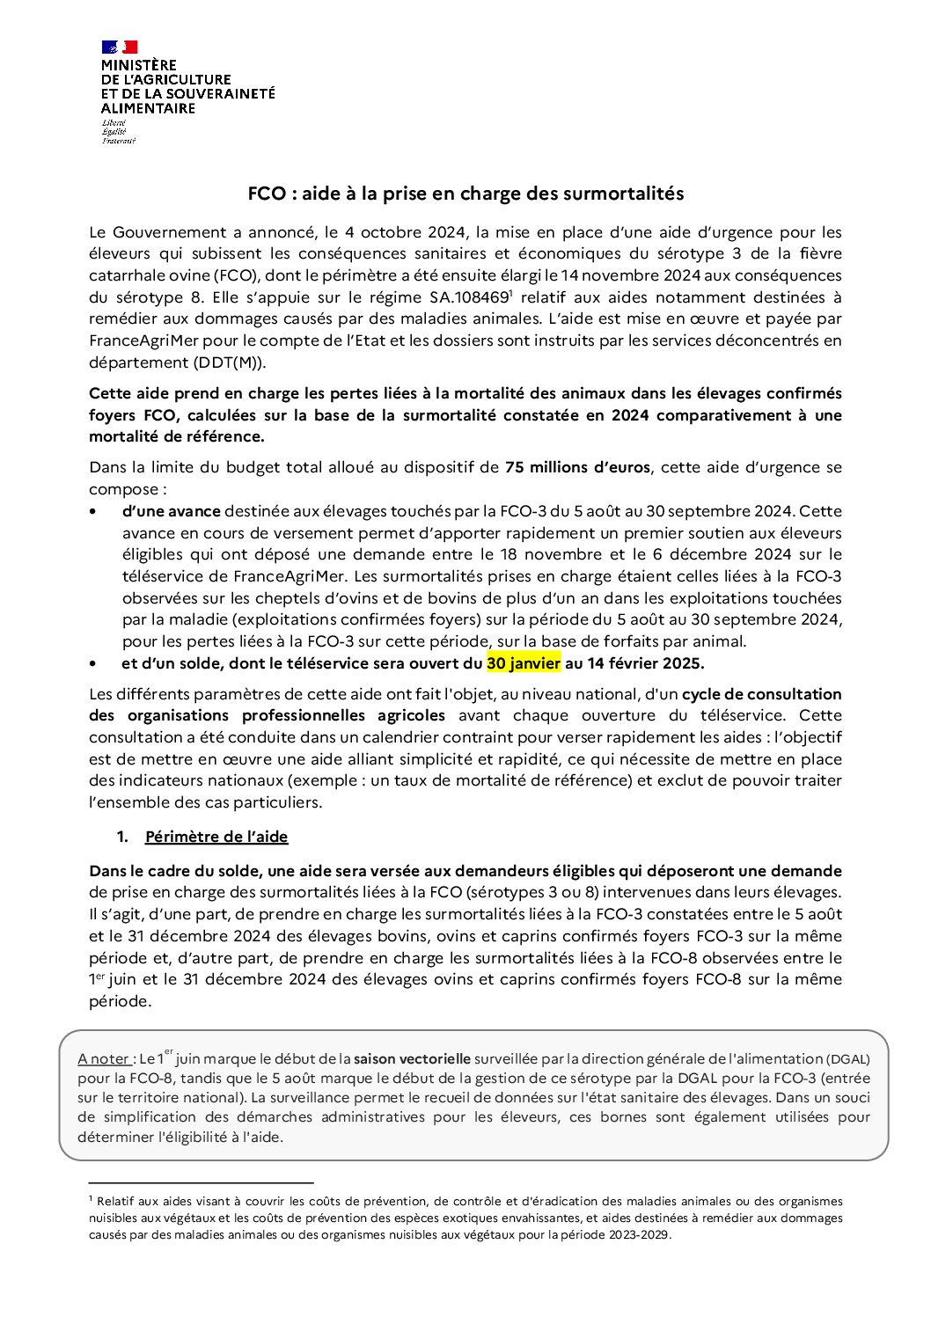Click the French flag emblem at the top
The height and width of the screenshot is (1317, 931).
(119, 47)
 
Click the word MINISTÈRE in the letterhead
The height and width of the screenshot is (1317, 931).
(139, 65)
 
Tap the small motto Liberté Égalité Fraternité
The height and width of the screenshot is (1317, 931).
(118, 131)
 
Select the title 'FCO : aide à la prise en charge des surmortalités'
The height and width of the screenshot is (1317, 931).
(465, 194)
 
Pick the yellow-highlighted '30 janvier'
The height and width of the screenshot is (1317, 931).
(524, 662)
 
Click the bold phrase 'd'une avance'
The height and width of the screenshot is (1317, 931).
(171, 511)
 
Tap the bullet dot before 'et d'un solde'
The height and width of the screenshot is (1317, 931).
(93, 663)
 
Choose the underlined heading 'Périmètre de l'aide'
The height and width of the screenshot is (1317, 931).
(216, 837)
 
